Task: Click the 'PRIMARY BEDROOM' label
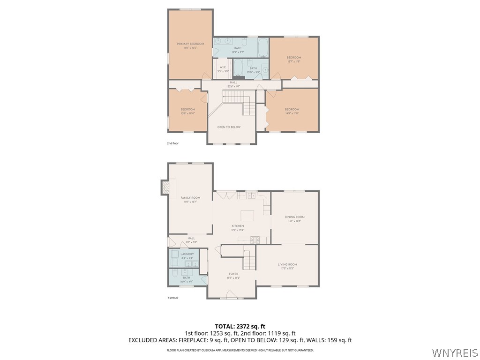click(x=190, y=44)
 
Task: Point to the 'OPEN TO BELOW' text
click(x=229, y=127)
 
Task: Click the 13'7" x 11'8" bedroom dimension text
click(x=294, y=61)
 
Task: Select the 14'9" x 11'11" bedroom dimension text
click(x=292, y=113)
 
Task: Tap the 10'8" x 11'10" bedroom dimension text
click(x=187, y=113)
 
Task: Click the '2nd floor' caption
click(x=173, y=143)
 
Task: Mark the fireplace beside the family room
click(x=165, y=188)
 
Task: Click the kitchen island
click(x=247, y=216)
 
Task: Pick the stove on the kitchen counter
click(x=255, y=240)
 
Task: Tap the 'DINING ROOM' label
click(x=294, y=217)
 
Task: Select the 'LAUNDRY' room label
click(x=187, y=254)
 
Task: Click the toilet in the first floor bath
click(x=174, y=273)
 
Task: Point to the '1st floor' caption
click(x=173, y=298)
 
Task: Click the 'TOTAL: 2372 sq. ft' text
click(x=240, y=326)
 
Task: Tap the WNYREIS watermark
click(x=455, y=352)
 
